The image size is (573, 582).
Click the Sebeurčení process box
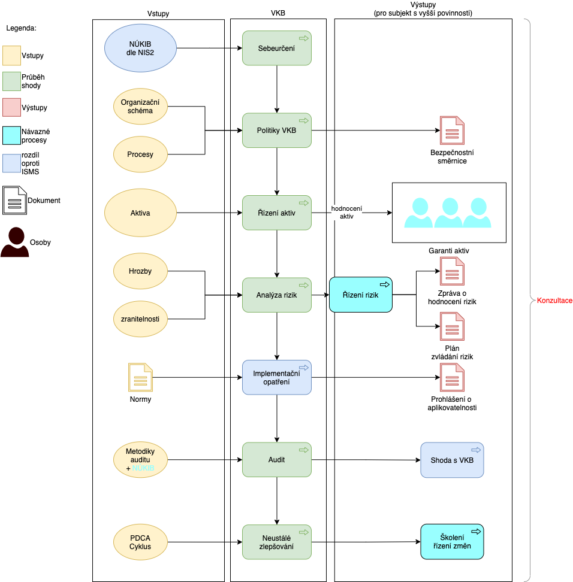coord(276,48)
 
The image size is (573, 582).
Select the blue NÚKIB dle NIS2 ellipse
coord(140,48)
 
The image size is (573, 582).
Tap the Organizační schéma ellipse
coord(140,107)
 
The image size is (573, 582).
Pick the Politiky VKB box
coord(276,131)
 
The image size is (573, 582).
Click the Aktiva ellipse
coord(140,213)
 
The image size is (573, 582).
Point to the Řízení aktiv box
coord(276,213)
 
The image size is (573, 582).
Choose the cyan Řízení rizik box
coord(360,295)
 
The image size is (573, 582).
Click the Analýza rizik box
coord(276,295)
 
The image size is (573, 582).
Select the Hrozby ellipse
coord(140,271)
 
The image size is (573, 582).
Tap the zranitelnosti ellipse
coord(140,319)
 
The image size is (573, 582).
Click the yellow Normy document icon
coord(140,377)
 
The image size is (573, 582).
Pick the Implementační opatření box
coord(276,377)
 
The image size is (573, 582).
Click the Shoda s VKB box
coord(452,460)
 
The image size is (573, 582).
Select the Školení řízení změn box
coord(452,541)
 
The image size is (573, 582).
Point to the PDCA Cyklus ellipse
coord(140,542)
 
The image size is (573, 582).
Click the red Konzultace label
coord(554,301)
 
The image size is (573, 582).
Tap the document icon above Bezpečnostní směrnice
coord(452,131)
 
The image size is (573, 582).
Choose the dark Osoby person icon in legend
coord(15,242)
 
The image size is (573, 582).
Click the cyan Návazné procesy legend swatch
coord(11,135)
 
